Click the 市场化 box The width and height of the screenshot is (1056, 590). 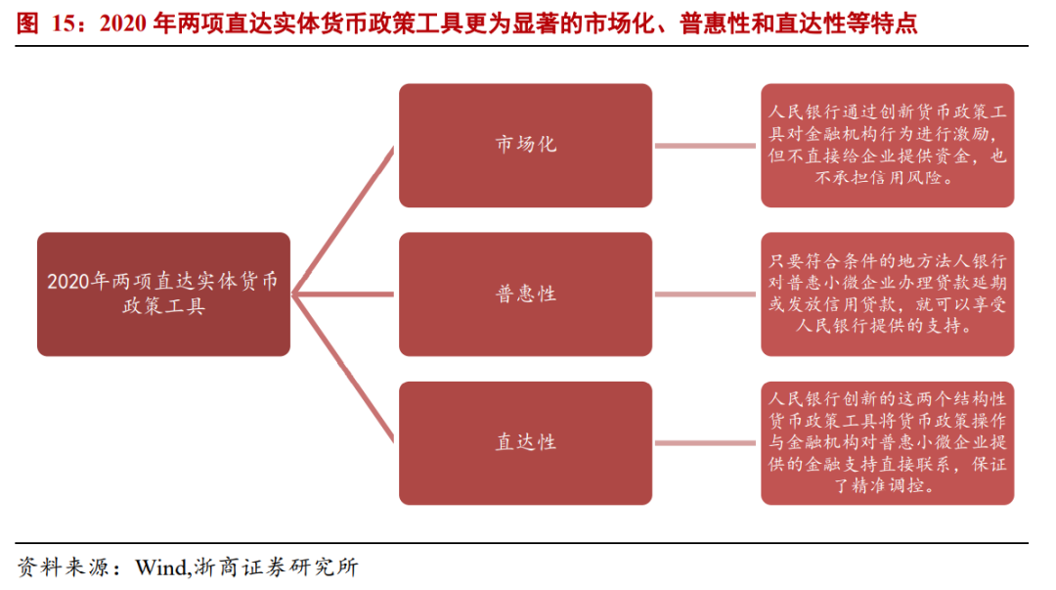(x=525, y=145)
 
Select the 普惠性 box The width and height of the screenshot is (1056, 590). (x=525, y=294)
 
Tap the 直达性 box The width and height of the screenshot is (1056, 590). (x=525, y=442)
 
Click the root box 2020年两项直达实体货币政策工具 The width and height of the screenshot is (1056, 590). (x=163, y=294)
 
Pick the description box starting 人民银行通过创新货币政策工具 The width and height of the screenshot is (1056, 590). (x=887, y=145)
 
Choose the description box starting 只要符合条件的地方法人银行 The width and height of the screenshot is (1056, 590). (x=887, y=294)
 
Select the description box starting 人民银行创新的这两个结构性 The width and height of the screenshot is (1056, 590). (x=887, y=442)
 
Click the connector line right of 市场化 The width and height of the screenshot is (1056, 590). (x=706, y=146)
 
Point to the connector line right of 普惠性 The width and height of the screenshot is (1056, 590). (x=706, y=294)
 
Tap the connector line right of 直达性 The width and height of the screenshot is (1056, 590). (x=706, y=442)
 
